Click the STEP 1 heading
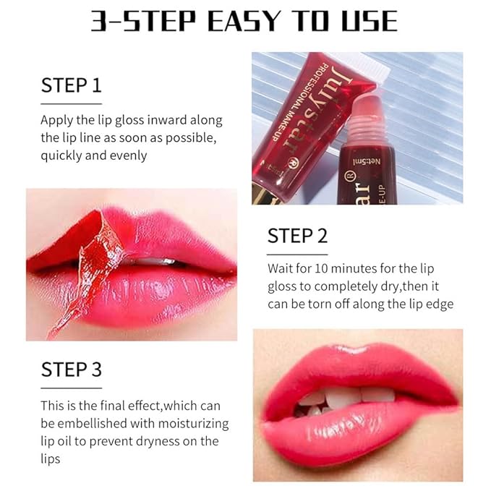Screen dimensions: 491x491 pos(71,85)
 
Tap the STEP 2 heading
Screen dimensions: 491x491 pos(297,236)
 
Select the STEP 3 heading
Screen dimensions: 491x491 pos(71,370)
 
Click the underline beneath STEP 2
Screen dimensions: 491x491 pos(297,254)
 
